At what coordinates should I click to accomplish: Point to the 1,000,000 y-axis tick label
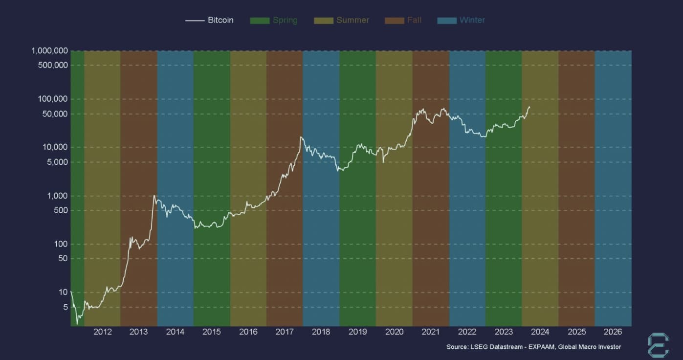point(49,51)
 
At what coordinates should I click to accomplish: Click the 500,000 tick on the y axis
point(53,65)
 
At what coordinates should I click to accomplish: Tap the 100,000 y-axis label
point(53,99)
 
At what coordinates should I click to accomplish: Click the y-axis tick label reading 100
point(61,244)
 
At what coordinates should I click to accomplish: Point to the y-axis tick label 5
point(65,307)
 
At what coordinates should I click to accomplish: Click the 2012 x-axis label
point(102,332)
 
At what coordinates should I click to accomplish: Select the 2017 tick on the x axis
point(285,332)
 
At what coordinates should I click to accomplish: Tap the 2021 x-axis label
point(430,332)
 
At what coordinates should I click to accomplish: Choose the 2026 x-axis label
point(613,332)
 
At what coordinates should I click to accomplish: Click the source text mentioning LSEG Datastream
point(533,347)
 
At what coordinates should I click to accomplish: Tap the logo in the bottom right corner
point(658,345)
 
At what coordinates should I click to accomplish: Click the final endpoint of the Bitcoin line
point(529,107)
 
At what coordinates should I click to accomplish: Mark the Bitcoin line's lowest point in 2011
point(77,324)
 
